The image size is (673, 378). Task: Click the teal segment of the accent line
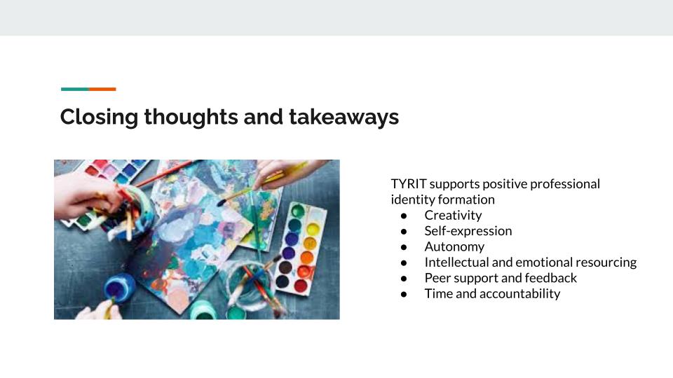click(x=74, y=89)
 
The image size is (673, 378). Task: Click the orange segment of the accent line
click(x=102, y=89)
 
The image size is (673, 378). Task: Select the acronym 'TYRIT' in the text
click(x=408, y=184)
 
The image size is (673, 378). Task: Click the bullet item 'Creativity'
click(x=453, y=216)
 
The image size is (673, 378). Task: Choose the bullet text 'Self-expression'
click(x=468, y=231)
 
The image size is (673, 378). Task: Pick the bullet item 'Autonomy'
click(x=454, y=246)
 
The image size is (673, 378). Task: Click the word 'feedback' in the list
click(x=550, y=278)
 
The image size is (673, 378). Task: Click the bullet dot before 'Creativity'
click(x=404, y=216)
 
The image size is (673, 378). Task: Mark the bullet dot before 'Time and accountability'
click(x=404, y=294)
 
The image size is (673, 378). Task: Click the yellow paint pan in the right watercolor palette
click(x=313, y=229)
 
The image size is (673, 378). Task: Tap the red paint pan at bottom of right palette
click(x=301, y=286)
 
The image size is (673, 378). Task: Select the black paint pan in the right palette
click(x=285, y=267)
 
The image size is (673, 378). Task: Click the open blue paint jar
click(x=119, y=286)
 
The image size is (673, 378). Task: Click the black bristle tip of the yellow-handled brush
click(x=222, y=202)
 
